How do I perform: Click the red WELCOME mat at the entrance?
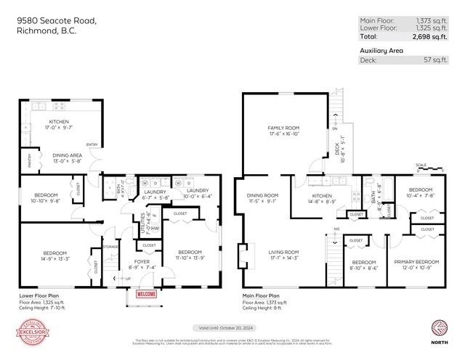[146, 294]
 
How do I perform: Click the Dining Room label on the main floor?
[262, 195]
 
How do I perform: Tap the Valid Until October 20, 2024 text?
[232, 328]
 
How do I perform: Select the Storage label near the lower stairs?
[110, 246]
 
